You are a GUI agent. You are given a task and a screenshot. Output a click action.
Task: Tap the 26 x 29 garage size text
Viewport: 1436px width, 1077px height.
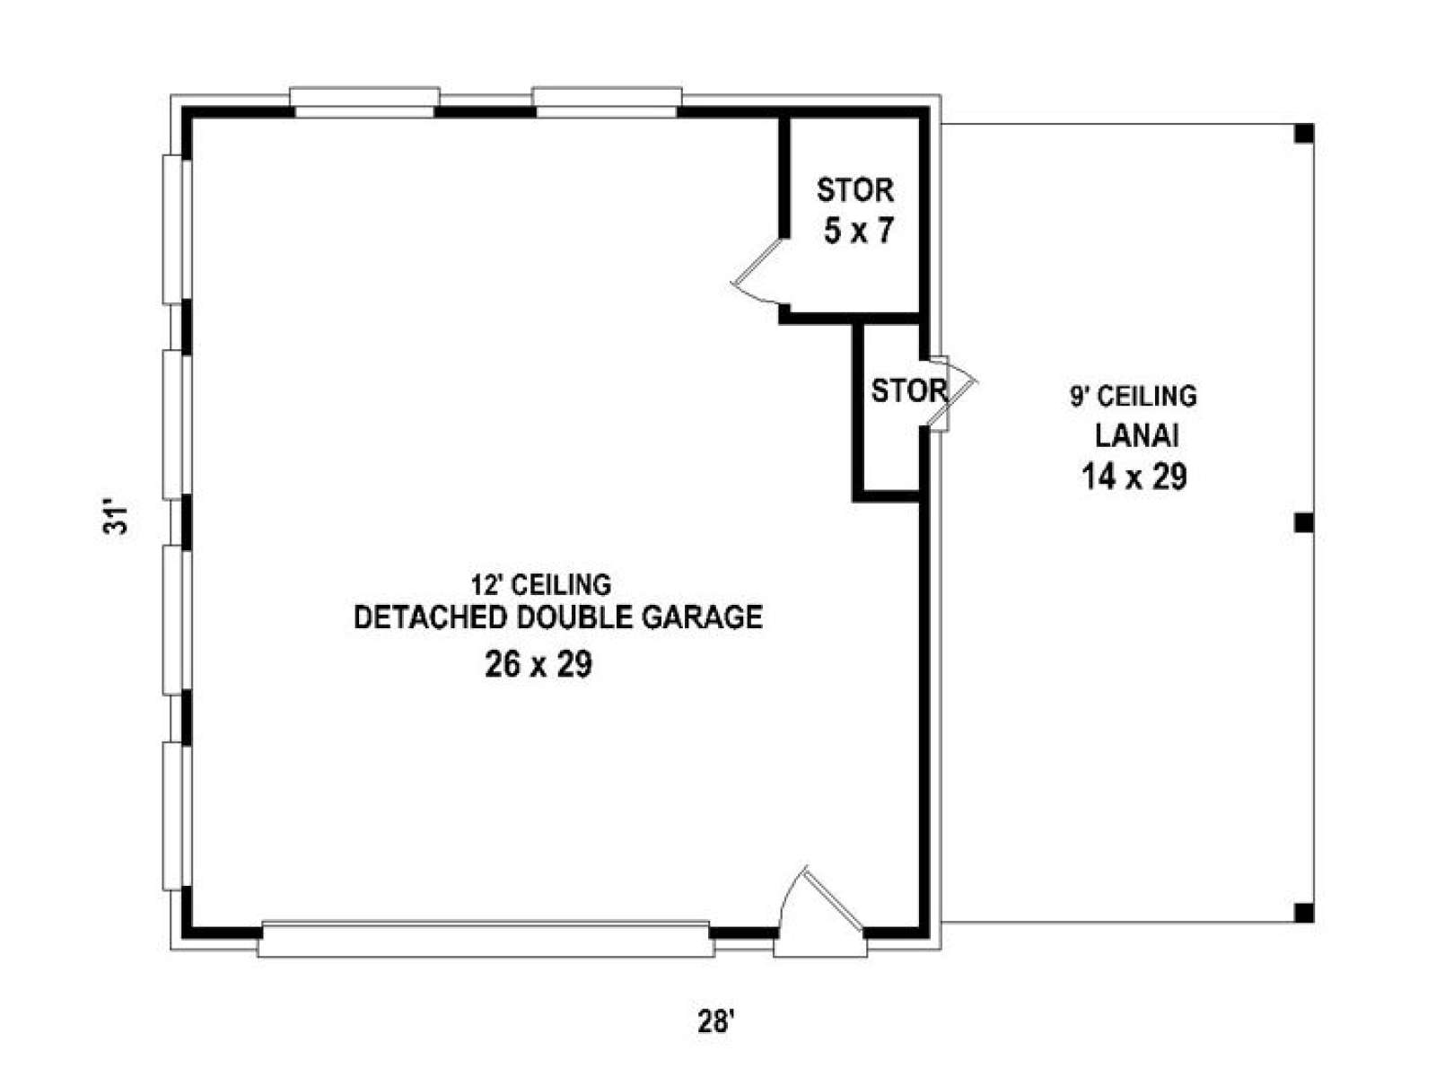pos(538,664)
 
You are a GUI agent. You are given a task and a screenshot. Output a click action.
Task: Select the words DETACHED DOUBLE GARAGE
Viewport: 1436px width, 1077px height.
pos(558,617)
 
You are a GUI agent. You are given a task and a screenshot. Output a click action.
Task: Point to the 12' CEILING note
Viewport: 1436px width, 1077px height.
pos(541,584)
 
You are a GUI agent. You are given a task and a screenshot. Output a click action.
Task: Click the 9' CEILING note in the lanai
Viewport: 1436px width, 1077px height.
pos(1134,397)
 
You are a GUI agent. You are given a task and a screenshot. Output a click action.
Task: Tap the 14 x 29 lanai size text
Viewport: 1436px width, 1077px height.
pos(1134,477)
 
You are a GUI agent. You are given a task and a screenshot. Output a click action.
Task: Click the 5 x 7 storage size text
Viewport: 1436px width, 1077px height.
pos(858,231)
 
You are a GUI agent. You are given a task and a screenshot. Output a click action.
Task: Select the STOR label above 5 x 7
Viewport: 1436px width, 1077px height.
pos(855,190)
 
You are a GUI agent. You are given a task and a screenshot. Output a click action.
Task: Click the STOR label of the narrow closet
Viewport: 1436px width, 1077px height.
pos(909,391)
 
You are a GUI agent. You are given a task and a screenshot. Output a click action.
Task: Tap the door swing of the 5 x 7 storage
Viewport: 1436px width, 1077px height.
pos(757,274)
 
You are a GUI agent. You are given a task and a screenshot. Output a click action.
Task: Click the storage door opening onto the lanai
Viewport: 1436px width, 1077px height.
pos(953,393)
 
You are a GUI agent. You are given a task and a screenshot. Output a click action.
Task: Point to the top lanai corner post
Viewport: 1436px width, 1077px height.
pos(1304,134)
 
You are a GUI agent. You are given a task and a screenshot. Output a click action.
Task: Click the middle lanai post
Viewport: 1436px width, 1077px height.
pos(1304,522)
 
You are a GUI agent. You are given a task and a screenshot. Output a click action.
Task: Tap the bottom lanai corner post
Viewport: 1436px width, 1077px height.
pos(1304,912)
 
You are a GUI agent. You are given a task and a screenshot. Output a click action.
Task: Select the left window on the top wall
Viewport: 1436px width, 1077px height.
pos(364,102)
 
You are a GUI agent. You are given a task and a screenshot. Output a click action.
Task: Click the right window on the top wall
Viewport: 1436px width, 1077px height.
pos(607,102)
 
